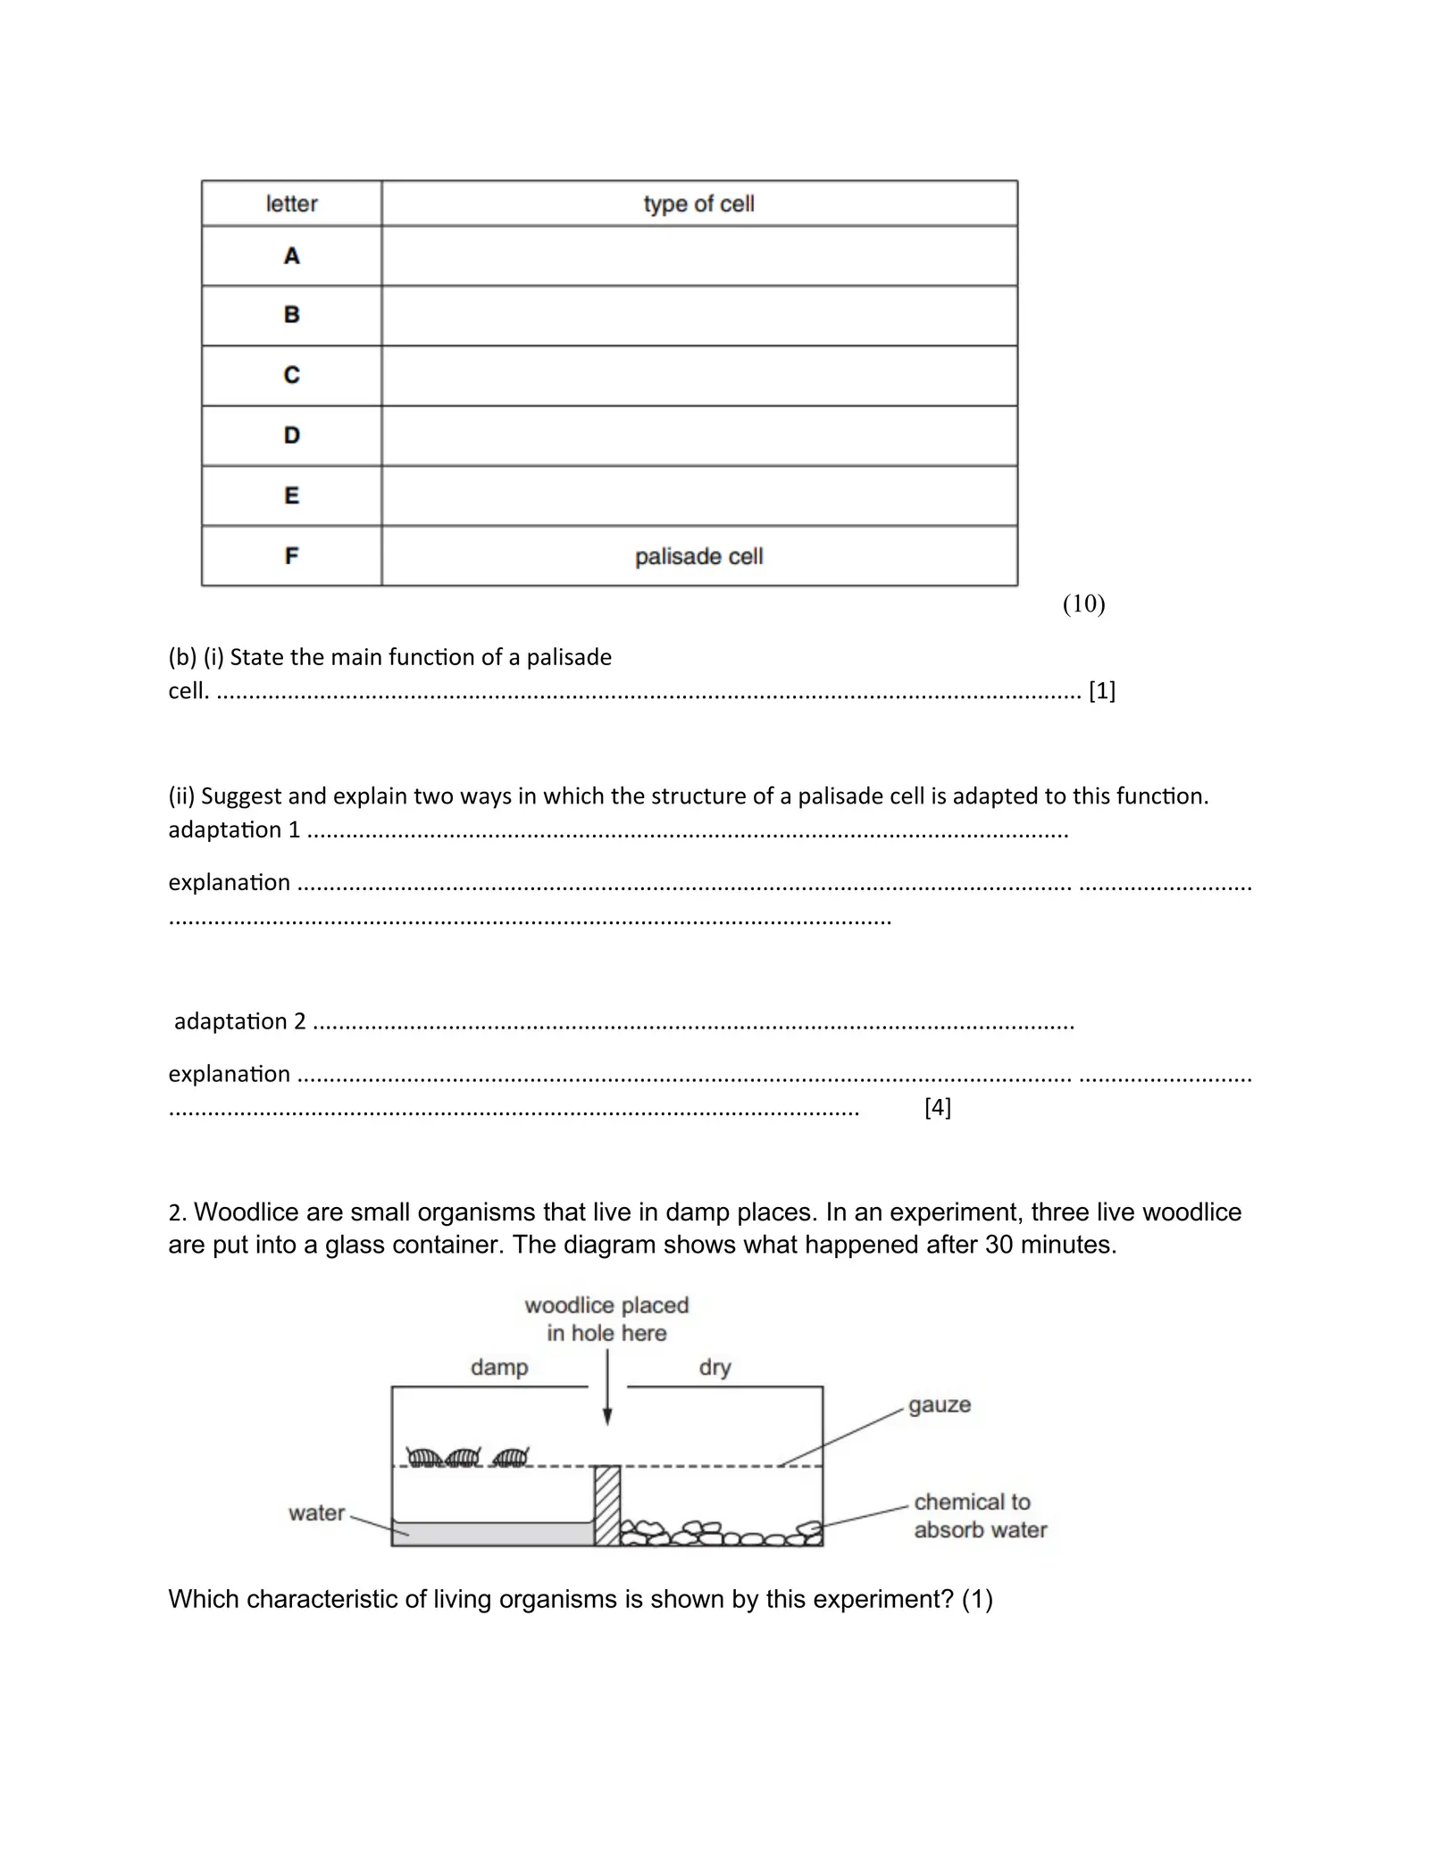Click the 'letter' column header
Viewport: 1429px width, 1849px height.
coord(291,204)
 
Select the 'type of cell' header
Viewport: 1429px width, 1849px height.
coord(698,204)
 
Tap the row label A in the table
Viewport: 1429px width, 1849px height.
coord(291,256)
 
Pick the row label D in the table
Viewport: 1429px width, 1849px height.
coord(291,436)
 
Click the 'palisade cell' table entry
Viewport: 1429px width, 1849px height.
coord(698,556)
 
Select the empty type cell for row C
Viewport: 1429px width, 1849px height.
coord(698,376)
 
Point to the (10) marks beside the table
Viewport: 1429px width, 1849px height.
coord(1083,604)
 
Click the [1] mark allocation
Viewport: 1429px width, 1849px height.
coord(1102,690)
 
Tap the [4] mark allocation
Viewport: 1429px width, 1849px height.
coord(938,1108)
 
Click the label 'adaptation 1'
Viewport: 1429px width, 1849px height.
coord(234,830)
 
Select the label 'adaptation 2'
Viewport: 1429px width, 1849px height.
coord(239,1021)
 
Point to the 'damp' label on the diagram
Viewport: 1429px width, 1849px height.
coord(499,1367)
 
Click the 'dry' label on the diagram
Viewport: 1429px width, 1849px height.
coord(714,1367)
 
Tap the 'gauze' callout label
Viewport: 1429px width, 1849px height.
coord(940,1405)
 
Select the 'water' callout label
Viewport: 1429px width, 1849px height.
coord(316,1513)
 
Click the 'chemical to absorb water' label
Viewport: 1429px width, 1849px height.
coord(980,1516)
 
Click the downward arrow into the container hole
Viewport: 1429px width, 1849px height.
coord(607,1388)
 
